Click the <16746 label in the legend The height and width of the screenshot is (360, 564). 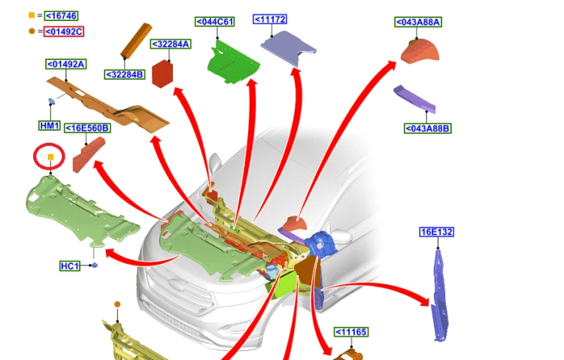[61, 16]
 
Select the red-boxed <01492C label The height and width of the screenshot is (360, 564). [64, 32]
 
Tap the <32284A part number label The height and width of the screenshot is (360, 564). [171, 44]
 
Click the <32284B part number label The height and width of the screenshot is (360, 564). [124, 74]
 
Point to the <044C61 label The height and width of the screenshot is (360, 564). [215, 22]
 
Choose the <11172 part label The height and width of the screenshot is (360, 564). [270, 19]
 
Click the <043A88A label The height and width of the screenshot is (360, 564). [418, 22]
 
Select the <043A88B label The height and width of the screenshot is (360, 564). [428, 129]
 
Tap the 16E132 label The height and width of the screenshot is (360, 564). [437, 232]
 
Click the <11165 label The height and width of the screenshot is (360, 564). [351, 332]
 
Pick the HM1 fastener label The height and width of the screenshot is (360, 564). [50, 126]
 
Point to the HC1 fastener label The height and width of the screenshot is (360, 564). [70, 266]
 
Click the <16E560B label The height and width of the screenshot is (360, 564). [87, 128]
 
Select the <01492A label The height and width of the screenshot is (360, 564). [66, 64]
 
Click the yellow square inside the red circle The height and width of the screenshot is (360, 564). [50, 157]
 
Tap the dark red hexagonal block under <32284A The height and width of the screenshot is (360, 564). [162, 74]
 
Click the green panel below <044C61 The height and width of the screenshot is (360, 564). [233, 62]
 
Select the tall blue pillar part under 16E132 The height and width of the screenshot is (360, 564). [440, 295]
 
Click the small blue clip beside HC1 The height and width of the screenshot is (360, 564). [95, 265]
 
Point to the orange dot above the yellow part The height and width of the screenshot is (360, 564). [117, 304]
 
